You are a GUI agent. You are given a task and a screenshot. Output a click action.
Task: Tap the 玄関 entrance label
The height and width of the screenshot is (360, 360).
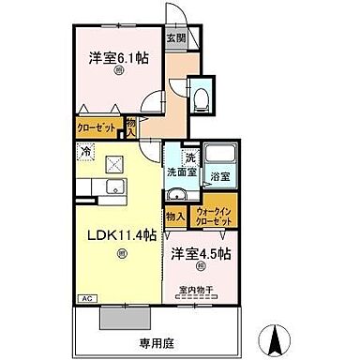tap(175, 39)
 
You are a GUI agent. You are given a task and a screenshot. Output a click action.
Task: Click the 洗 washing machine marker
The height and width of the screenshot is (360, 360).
tap(189, 157)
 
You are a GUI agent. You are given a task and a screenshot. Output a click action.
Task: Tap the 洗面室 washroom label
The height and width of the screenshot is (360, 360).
tap(182, 172)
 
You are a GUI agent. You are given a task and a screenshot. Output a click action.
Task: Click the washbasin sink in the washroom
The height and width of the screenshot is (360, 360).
tap(175, 197)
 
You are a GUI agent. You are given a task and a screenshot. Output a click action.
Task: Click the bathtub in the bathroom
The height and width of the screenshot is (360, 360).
tap(220, 157)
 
